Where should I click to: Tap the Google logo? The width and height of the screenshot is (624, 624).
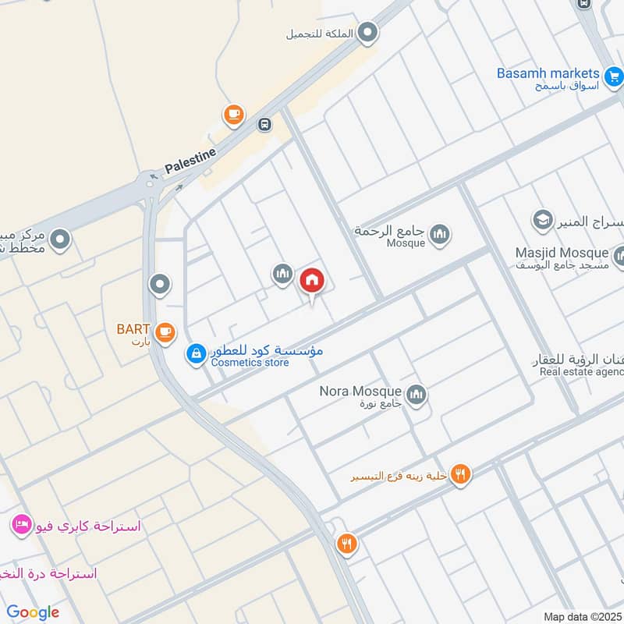(33, 612)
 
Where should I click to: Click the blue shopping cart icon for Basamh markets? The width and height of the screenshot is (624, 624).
(614, 75)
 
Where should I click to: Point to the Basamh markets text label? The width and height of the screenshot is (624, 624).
(548, 73)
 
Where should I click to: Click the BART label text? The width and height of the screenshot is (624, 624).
(133, 328)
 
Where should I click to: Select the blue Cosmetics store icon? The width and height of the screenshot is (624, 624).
(196, 355)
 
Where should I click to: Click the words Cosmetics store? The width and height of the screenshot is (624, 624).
(250, 363)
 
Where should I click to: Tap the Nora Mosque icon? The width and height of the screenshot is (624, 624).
(417, 395)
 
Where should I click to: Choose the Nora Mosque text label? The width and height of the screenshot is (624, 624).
(360, 391)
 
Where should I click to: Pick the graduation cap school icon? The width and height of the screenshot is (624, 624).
(542, 221)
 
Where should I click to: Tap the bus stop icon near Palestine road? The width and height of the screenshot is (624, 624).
(265, 124)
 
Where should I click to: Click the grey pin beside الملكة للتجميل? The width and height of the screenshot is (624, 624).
(368, 34)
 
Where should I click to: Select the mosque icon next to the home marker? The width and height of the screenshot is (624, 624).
(282, 275)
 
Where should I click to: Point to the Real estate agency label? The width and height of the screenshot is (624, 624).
(581, 371)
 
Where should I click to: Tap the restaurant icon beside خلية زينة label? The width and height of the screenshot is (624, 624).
(460, 473)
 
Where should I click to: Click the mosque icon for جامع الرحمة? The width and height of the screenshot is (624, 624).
(440, 234)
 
